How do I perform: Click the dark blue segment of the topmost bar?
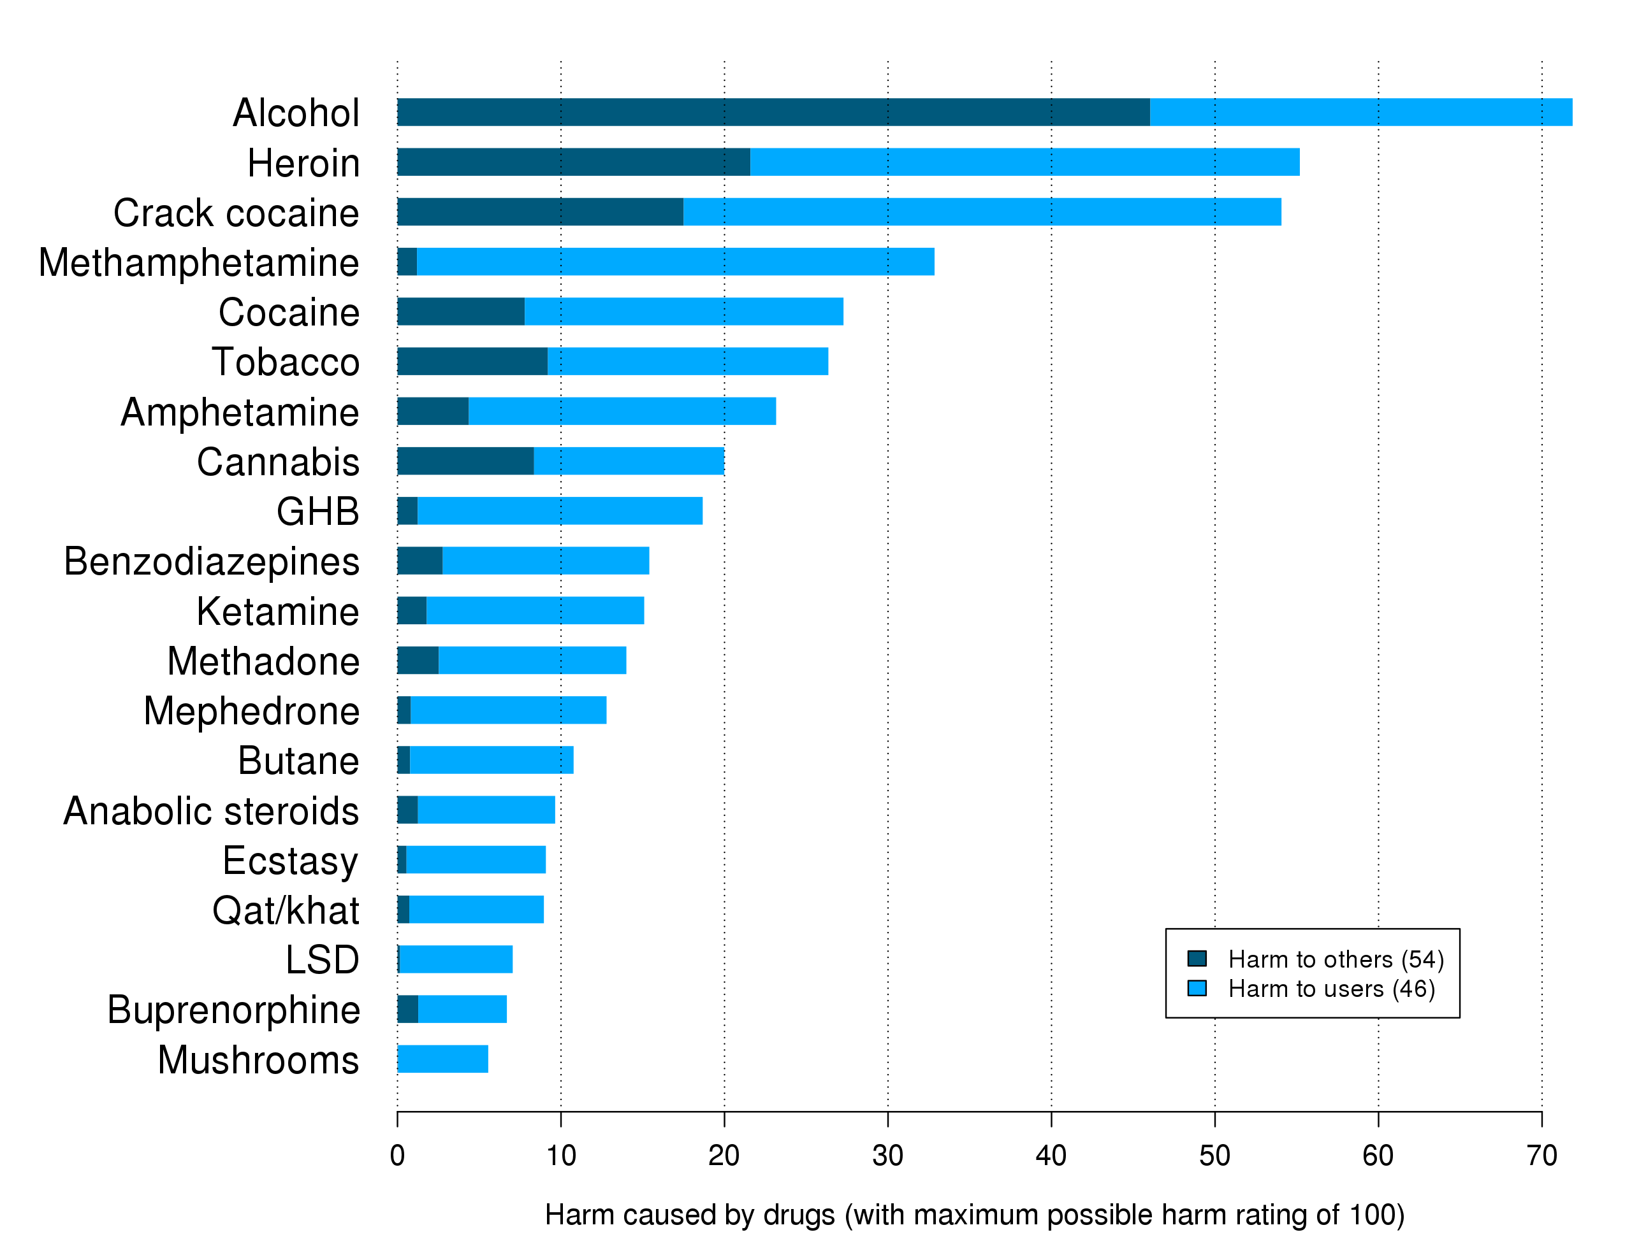tap(773, 112)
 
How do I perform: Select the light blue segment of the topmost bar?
tap(1360, 112)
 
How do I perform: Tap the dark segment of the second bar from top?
tap(573, 162)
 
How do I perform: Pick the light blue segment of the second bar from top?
tap(1024, 162)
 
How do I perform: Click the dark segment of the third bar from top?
tap(539, 212)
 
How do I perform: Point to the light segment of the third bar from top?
tap(982, 212)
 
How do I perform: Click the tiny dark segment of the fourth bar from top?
tap(407, 261)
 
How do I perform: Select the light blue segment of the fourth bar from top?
tap(674, 261)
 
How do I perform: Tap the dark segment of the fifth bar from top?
tap(460, 311)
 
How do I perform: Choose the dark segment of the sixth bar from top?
tap(472, 361)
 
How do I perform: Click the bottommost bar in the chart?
tap(443, 1059)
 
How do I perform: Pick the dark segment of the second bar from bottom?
tap(408, 1009)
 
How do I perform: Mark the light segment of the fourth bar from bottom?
tap(477, 910)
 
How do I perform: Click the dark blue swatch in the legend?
tap(1197, 959)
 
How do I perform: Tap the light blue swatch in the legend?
tap(1197, 989)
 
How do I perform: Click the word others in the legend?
tap(1359, 960)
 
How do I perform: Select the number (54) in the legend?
tap(1422, 960)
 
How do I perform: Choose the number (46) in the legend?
tap(1413, 990)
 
